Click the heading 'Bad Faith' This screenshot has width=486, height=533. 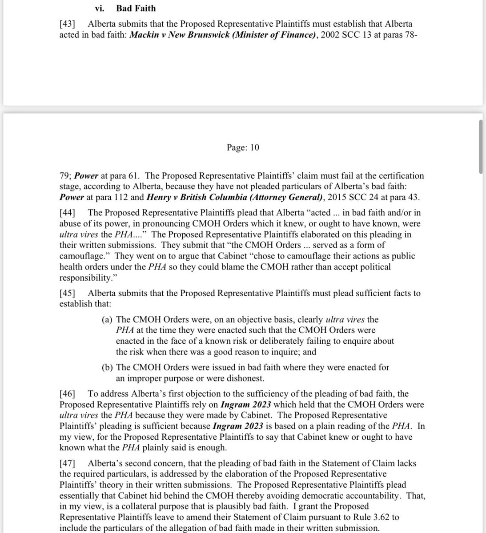[x=136, y=8]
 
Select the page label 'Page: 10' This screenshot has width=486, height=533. [x=242, y=147]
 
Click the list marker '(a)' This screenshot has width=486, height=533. [x=108, y=320]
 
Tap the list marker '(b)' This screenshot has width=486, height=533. [x=108, y=367]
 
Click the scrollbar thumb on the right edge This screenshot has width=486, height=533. [x=480, y=147]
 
